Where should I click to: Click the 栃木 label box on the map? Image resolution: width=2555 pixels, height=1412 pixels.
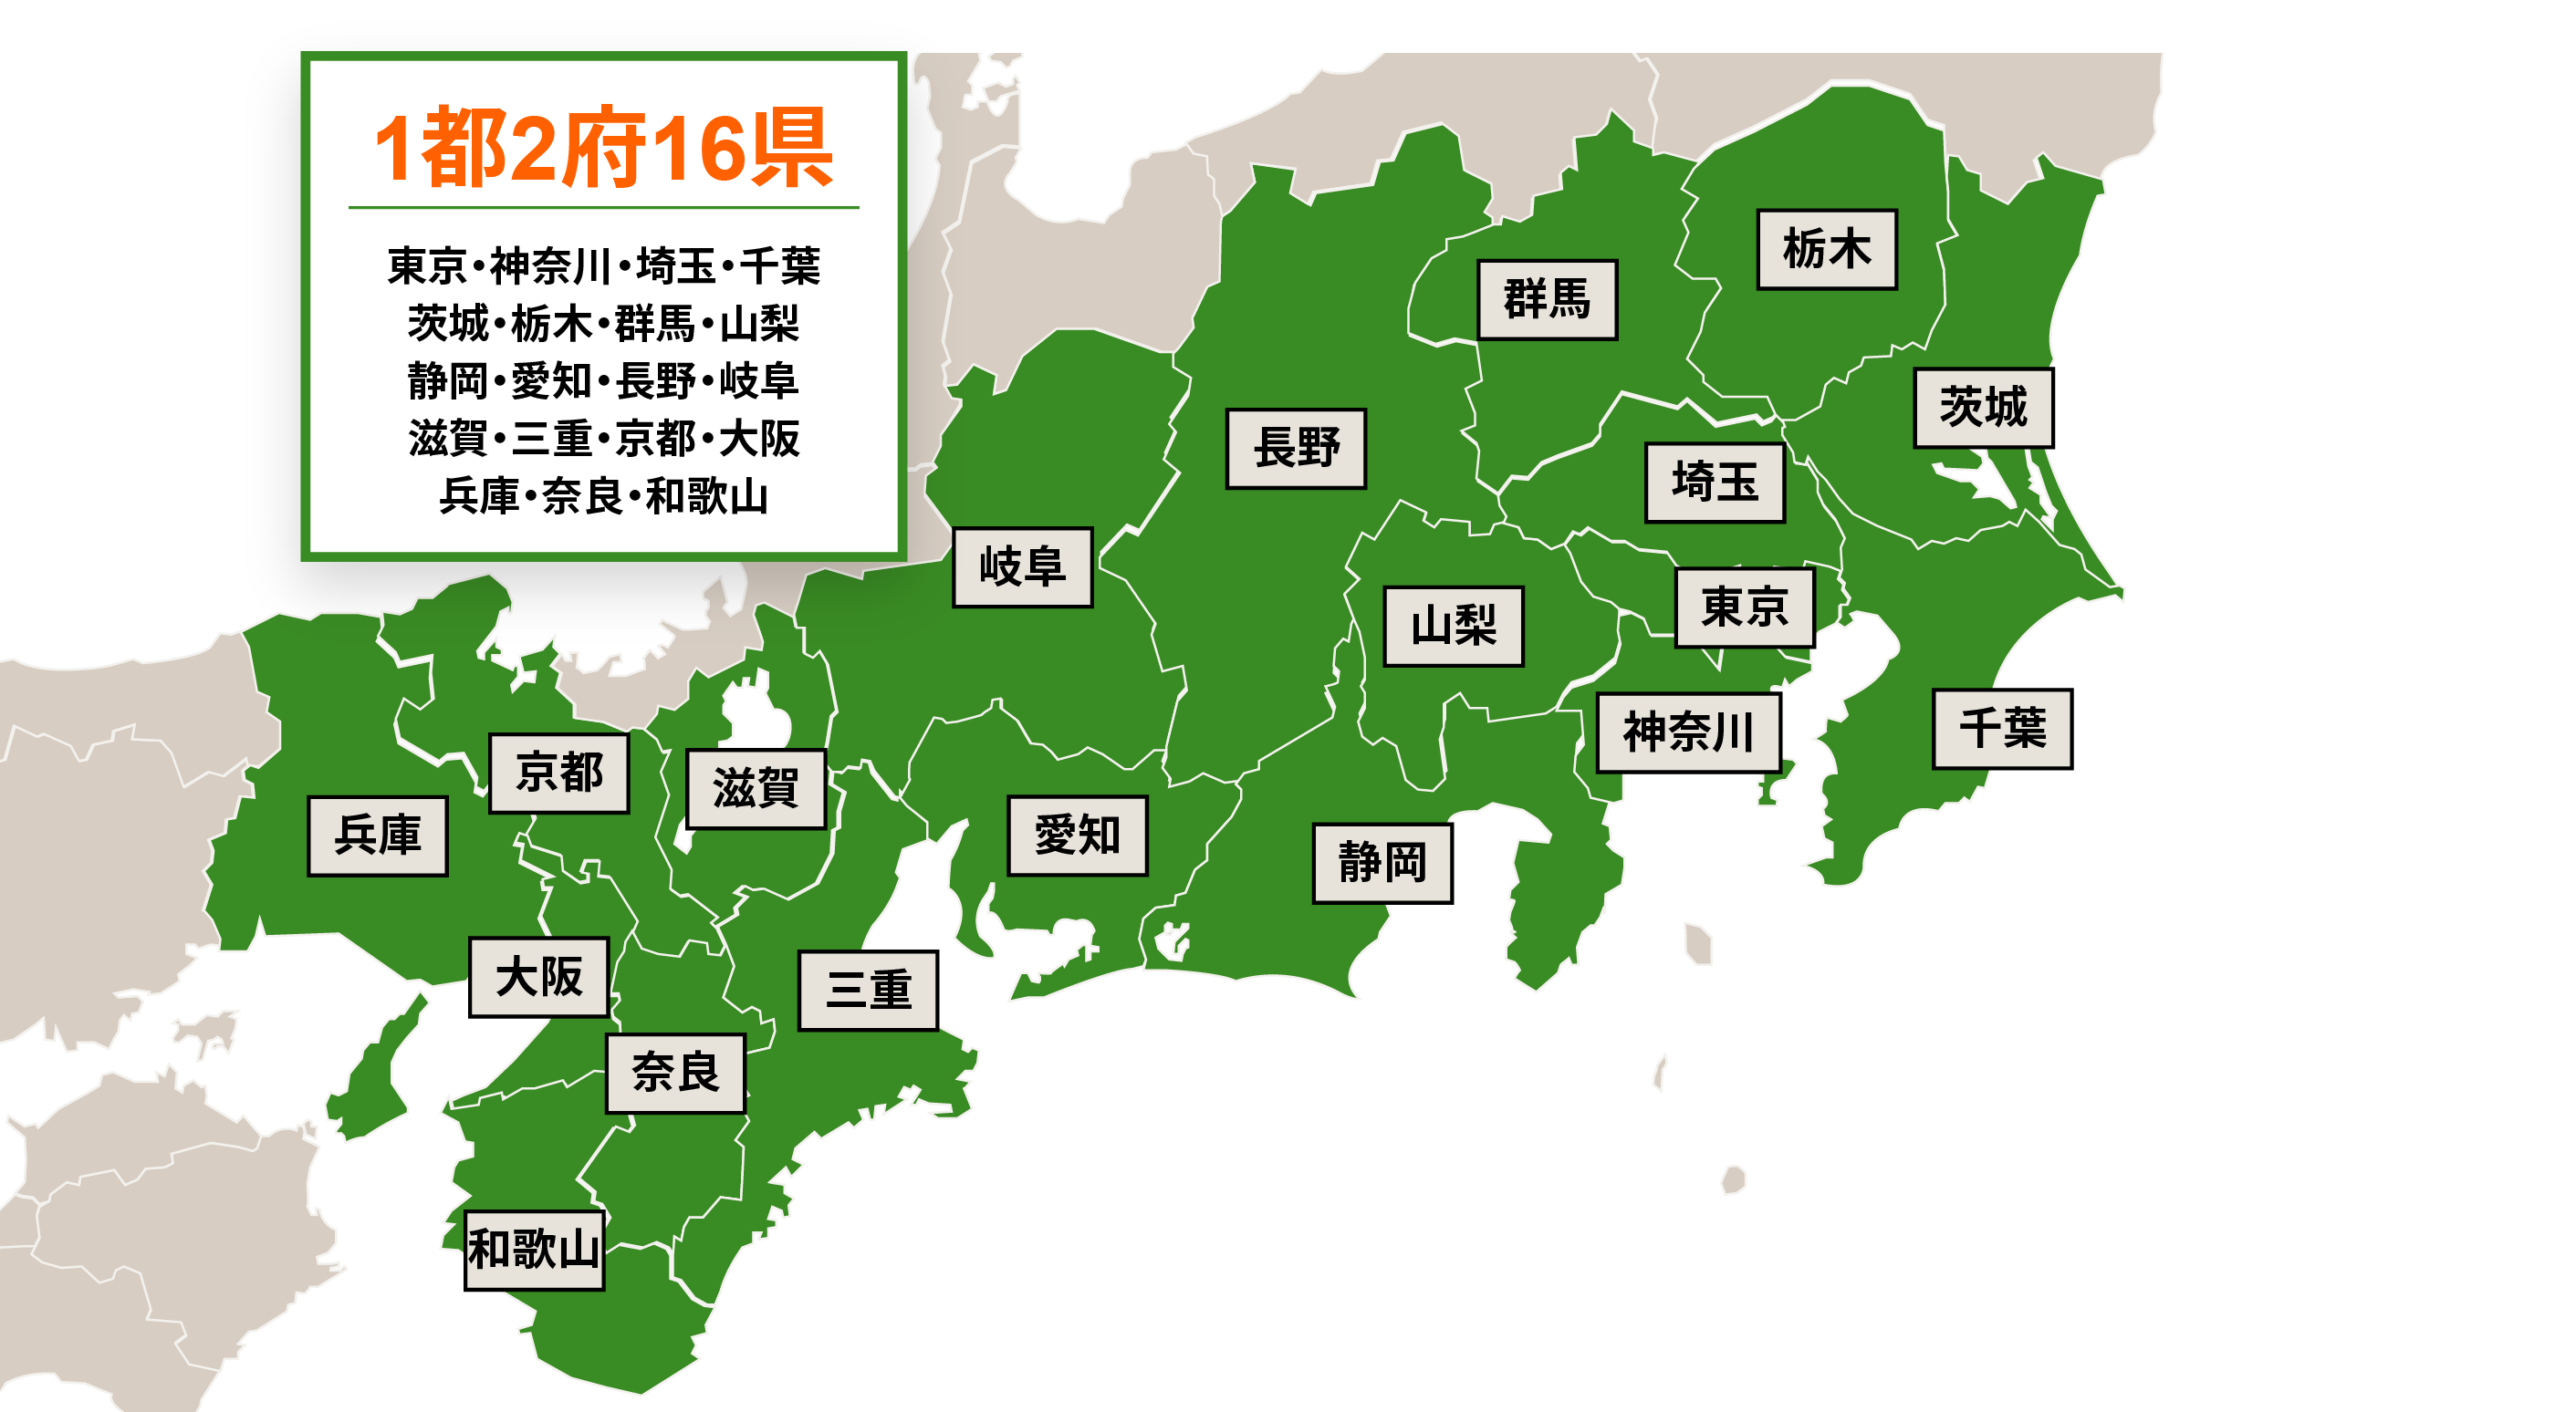[1826, 249]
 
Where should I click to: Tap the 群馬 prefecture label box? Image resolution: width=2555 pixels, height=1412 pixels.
[1547, 299]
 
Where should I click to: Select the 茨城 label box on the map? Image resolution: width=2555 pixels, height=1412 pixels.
[1982, 408]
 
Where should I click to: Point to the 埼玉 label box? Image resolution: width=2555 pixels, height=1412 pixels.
[1714, 482]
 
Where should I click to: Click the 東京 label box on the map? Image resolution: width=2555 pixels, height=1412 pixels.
[1744, 607]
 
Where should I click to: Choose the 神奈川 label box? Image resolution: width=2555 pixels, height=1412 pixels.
[1687, 732]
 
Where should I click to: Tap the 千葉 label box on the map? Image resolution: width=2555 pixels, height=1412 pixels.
[2000, 729]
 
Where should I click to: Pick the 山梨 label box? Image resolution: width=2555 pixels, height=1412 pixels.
[1453, 626]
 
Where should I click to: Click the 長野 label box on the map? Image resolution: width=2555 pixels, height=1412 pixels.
[1296, 448]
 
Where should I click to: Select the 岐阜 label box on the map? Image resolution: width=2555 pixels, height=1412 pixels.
[1022, 566]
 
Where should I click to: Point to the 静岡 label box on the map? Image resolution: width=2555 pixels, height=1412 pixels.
[1381, 862]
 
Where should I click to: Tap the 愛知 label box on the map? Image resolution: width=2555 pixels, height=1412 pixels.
[1077, 835]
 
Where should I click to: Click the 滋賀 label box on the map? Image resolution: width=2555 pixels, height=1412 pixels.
[756, 788]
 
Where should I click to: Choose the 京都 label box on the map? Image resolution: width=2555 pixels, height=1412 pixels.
[558, 773]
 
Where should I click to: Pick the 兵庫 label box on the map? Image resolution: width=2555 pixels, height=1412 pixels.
[377, 835]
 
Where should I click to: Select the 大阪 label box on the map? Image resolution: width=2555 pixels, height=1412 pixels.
[538, 977]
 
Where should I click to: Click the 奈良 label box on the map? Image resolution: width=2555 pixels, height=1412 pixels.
[674, 1073]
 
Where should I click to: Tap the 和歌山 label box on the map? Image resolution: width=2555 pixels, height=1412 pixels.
[535, 1250]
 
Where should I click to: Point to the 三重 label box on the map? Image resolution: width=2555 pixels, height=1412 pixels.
[867, 991]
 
